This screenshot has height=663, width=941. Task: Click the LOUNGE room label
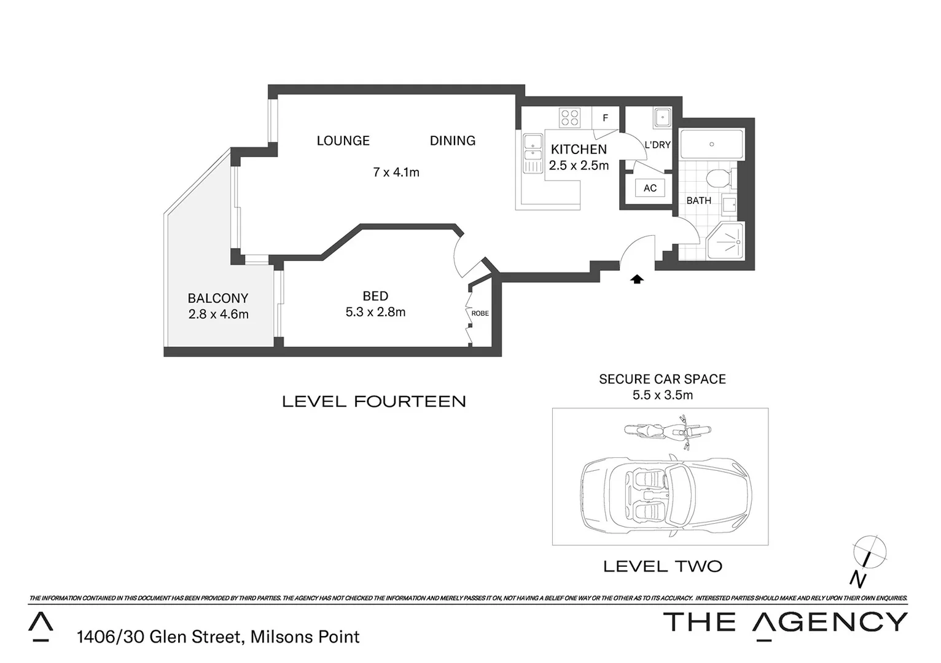pyautogui.click(x=343, y=141)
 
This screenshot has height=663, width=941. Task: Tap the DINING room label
pyautogui.click(x=452, y=141)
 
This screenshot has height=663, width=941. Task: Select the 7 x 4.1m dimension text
pyautogui.click(x=396, y=173)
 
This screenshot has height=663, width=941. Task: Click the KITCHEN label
pyautogui.click(x=579, y=149)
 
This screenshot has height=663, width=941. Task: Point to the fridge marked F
pyautogui.click(x=605, y=118)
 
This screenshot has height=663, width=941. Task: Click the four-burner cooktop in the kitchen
pyautogui.click(x=569, y=117)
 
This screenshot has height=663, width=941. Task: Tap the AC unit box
pyautogui.click(x=650, y=188)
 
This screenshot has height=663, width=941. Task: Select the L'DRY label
pyautogui.click(x=657, y=145)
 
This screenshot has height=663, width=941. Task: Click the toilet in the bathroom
pyautogui.click(x=717, y=179)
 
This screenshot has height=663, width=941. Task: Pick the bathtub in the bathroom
pyautogui.click(x=711, y=145)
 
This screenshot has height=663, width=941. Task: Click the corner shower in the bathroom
pyautogui.click(x=726, y=241)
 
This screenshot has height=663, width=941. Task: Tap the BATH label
pyautogui.click(x=698, y=201)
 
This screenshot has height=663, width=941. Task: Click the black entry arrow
pyautogui.click(x=637, y=279)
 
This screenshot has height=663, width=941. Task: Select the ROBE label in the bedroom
pyautogui.click(x=480, y=313)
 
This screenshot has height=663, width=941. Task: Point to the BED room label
pyautogui.click(x=375, y=296)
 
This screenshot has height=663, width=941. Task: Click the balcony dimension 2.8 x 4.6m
pyautogui.click(x=218, y=314)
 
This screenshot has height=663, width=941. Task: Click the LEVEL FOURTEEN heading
pyautogui.click(x=373, y=401)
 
